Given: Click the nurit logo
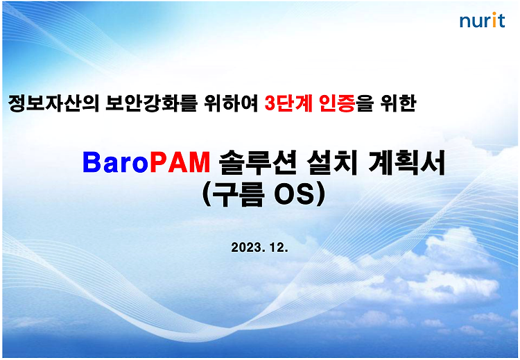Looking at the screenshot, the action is coord(482,20).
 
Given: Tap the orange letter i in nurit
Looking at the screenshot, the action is coord(494,20).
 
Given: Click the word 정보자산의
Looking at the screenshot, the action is coord(53,103).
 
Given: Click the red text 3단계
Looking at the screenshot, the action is coord(288,103).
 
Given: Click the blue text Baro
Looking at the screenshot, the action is coord(115,162).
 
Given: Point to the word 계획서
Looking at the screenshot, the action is coord(406,162).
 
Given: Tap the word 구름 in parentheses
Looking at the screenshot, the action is coord(238,195).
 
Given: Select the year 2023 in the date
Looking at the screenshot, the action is coord(246,247).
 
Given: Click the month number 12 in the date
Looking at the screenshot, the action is coord(277,247).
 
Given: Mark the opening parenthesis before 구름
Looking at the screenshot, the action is coord(207,195).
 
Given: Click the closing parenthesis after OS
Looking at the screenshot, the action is coord(321,195).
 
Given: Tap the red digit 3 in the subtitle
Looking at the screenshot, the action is coord(270,103).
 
